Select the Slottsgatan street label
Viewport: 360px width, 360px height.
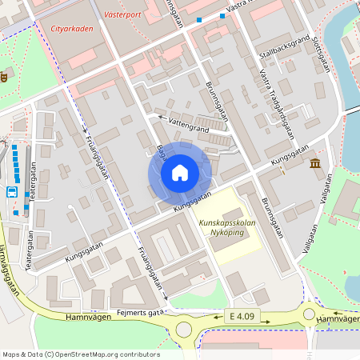coord(322,55)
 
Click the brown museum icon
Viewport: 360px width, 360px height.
coord(315,164)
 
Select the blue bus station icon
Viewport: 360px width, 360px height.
coord(12,192)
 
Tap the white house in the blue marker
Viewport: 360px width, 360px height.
coord(179,172)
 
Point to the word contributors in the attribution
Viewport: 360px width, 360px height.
coord(139,354)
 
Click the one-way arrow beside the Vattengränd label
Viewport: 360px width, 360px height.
coord(162,118)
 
